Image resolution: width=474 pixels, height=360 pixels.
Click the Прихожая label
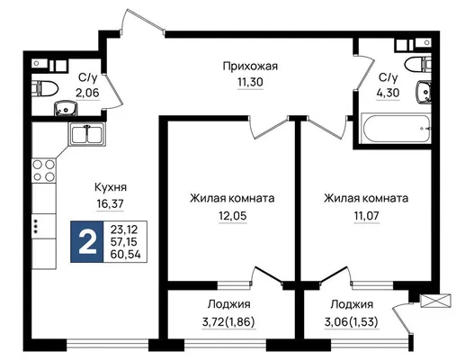(x=250, y=67)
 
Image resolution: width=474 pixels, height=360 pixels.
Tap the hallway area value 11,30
(x=250, y=82)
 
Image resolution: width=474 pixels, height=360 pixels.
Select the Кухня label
(x=111, y=187)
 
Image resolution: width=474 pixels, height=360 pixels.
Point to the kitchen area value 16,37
(x=111, y=204)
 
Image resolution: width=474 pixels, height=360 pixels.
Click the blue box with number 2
(x=87, y=242)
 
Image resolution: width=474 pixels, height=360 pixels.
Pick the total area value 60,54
(x=125, y=255)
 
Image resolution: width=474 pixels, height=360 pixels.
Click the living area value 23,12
(x=124, y=229)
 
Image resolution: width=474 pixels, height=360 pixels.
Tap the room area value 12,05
(x=232, y=216)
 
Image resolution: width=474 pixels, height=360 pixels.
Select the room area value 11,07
(x=366, y=216)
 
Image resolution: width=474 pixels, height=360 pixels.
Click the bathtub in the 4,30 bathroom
(x=396, y=128)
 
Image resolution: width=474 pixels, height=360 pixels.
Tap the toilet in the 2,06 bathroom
(x=45, y=88)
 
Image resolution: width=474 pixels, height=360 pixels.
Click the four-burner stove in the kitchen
(x=44, y=170)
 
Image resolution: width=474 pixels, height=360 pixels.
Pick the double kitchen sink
(x=87, y=134)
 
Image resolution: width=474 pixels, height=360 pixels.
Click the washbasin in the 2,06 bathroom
(x=66, y=108)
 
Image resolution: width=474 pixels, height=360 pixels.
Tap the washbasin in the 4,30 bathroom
(x=424, y=92)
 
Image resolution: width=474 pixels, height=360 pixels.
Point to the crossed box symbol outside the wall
(x=435, y=301)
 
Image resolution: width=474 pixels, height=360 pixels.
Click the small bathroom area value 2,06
(x=87, y=93)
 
